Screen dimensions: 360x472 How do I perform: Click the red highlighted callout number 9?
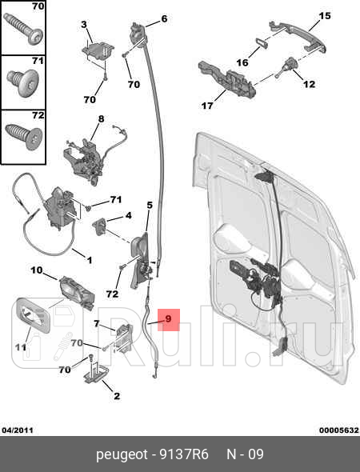[x=169, y=318]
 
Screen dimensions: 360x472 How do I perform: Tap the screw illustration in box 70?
[x=22, y=29]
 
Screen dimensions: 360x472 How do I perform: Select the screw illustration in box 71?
[x=23, y=82]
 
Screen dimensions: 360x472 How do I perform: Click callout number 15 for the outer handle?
[x=325, y=16]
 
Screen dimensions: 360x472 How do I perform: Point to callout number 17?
[x=207, y=106]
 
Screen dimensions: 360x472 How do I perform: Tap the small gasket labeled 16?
[x=262, y=43]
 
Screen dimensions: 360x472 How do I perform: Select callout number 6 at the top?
[x=164, y=18]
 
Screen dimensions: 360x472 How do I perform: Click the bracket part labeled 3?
[x=98, y=51]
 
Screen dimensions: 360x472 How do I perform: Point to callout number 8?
[x=101, y=119]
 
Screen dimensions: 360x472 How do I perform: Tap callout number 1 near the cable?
[x=90, y=260]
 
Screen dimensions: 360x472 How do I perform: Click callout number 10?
[x=37, y=270]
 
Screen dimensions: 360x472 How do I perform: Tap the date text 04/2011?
[x=18, y=430]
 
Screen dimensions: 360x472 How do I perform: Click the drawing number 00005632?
[x=339, y=430]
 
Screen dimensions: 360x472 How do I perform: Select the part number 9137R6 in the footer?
[x=184, y=454]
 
